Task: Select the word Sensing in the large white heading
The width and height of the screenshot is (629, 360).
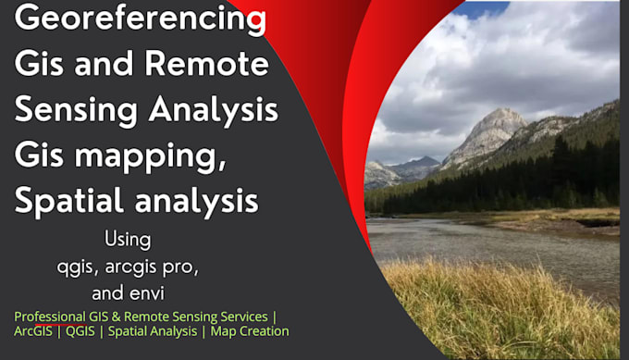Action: click(x=76, y=110)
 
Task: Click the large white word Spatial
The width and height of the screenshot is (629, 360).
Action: click(x=68, y=199)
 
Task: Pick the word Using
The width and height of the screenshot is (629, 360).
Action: click(x=128, y=240)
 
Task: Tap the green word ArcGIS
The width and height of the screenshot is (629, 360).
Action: click(x=34, y=331)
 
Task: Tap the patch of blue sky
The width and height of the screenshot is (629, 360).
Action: click(x=481, y=9)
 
